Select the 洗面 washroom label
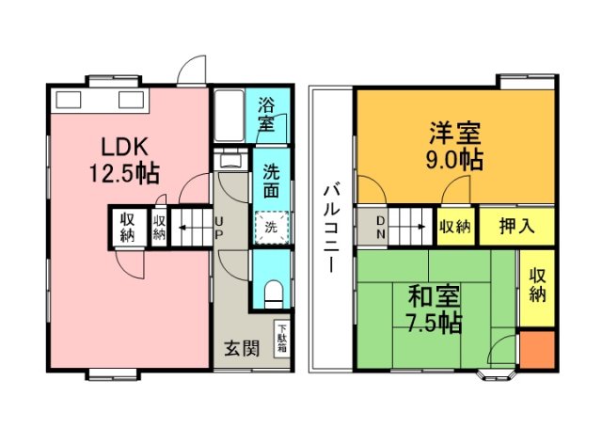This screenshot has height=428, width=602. pos(271,181)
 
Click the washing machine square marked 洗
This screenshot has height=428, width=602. pos(271,227)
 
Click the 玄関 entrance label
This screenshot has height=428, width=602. pos(241,349)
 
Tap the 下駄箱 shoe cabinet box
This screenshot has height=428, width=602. pos(281,339)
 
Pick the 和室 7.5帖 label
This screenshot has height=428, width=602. pos(434,310)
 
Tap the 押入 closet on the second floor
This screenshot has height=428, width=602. pos(515,227)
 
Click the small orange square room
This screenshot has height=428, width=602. pos(537,350)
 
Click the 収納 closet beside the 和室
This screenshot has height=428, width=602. pos(538,285)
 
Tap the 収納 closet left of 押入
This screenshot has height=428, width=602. pos(454,227)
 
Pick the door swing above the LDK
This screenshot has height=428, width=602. pos(191,71)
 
